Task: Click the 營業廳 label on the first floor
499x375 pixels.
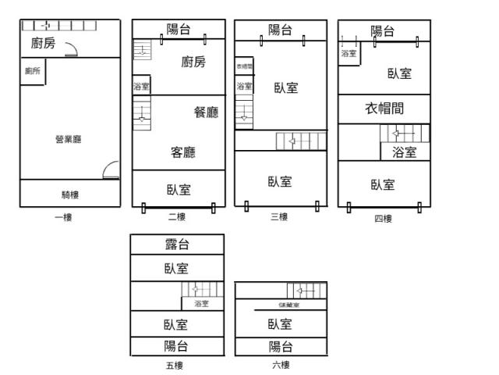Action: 69,139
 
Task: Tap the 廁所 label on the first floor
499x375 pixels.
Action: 33,71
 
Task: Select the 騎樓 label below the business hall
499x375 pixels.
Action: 70,195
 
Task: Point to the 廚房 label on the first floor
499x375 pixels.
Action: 43,44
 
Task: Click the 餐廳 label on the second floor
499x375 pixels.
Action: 206,112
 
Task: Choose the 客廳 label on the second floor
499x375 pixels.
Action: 182,152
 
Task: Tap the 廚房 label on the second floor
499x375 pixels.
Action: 193,62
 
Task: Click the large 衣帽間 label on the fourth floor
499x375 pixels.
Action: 385,108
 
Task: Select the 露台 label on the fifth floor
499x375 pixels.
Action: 178,245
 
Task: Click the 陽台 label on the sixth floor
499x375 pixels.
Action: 281,347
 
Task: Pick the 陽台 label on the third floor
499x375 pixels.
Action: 281,30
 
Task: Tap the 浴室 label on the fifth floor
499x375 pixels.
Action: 201,303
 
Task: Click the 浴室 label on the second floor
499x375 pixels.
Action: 141,86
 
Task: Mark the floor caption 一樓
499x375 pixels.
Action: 63,217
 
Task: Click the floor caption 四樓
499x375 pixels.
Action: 383,218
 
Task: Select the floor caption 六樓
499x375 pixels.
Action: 281,365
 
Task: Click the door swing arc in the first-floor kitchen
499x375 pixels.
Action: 71,52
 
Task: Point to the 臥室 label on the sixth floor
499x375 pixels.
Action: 281,324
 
